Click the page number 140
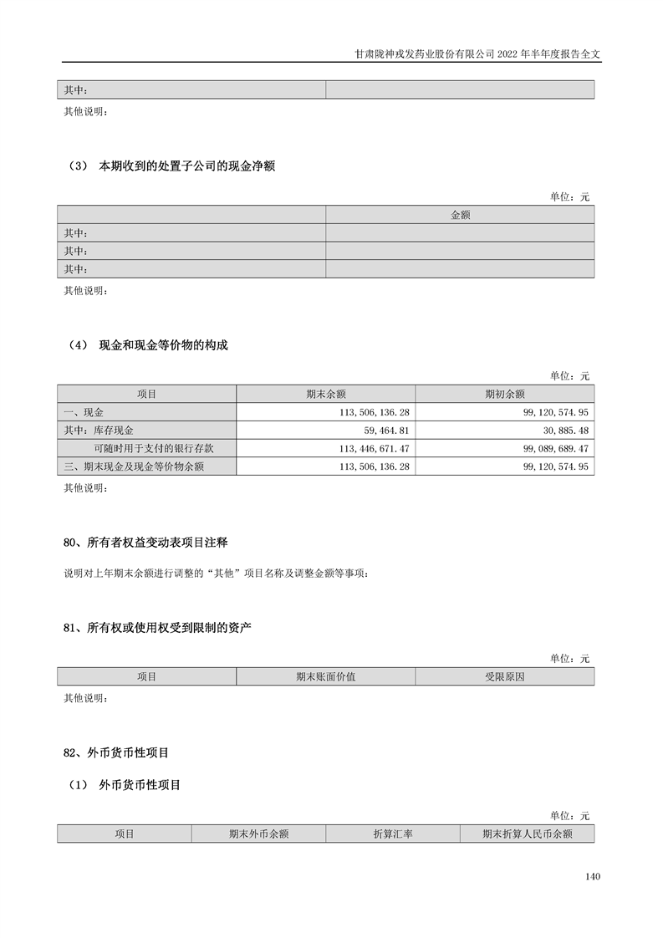click(x=593, y=877)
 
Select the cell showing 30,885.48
click(x=566, y=430)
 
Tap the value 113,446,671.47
click(x=373, y=448)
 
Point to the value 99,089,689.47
click(x=554, y=448)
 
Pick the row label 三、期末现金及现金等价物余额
click(x=134, y=466)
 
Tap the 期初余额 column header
click(x=504, y=394)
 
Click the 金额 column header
click(x=460, y=215)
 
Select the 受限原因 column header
click(x=504, y=676)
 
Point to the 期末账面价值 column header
click(x=325, y=676)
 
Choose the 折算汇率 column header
click(x=392, y=833)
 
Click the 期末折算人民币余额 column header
click(x=527, y=833)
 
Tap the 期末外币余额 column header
click(x=258, y=833)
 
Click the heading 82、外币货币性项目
click(x=116, y=753)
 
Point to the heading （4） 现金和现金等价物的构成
click(x=145, y=346)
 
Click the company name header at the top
click(x=476, y=52)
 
